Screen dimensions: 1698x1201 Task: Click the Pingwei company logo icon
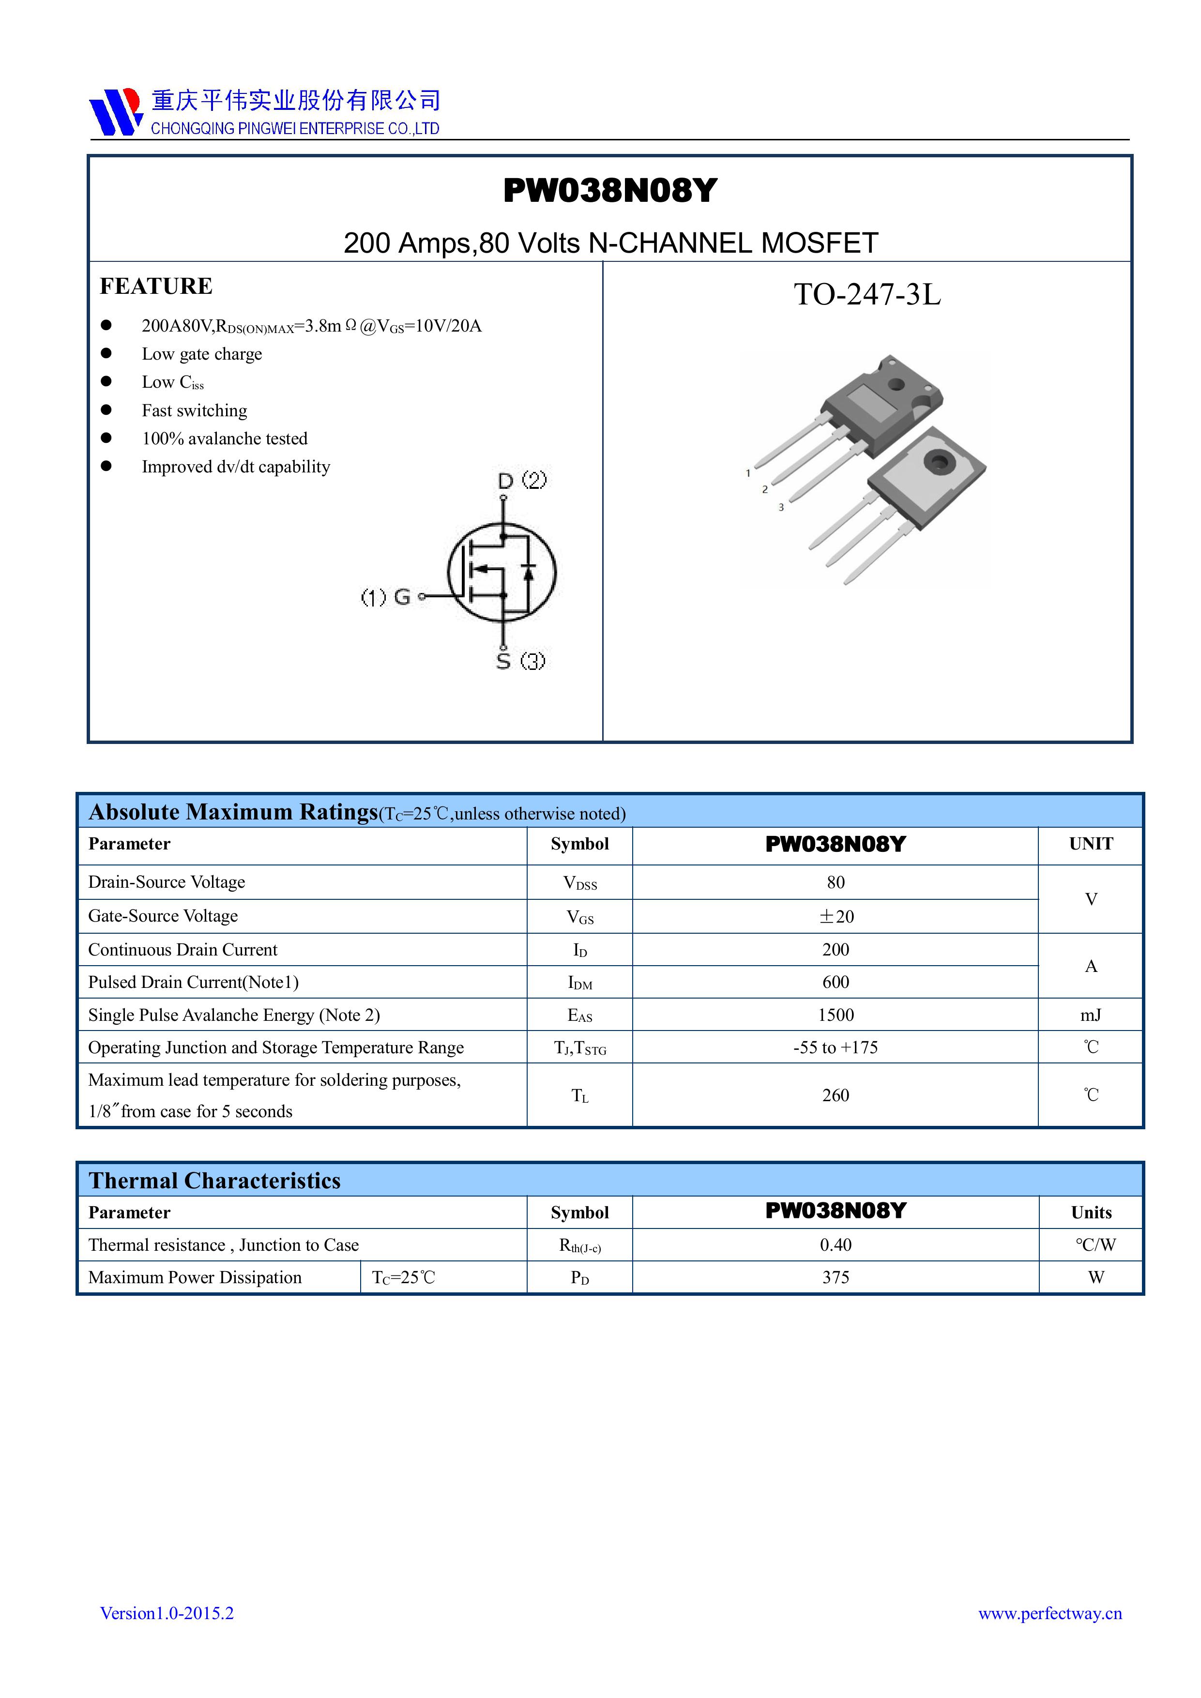115,112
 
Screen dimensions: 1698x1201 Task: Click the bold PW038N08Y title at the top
610,191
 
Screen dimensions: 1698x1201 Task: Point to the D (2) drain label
522,481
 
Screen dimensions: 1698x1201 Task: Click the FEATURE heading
156,286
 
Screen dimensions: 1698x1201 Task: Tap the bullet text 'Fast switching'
195,410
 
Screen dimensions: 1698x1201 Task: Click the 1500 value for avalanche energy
836,1015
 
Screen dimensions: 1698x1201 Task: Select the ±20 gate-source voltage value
836,916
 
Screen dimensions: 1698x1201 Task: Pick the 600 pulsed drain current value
836,982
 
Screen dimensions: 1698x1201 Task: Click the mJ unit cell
1091,1015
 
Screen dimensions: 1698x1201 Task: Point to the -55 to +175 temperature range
836,1047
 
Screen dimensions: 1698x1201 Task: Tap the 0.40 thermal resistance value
836,1244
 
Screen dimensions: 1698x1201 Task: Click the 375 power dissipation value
836,1277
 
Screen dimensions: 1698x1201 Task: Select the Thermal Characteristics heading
214,1180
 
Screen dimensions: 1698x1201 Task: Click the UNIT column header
1091,844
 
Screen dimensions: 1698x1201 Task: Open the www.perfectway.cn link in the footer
1050,1613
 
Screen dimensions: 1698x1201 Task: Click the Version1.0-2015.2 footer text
167,1613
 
